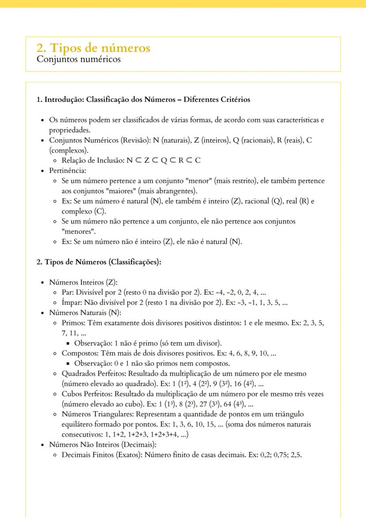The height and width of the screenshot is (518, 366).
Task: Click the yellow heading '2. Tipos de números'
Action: pyautogui.click(x=93, y=48)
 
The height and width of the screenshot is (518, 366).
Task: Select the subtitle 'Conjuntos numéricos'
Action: pyautogui.click(x=78, y=59)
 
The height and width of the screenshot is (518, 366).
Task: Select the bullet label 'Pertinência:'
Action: pyautogui.click(x=67, y=170)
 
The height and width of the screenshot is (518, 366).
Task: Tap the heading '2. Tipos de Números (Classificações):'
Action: pyautogui.click(x=99, y=262)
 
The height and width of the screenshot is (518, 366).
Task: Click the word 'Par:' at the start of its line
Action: pyautogui.click(x=67, y=292)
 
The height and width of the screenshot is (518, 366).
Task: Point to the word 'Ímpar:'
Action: pyautogui.click(x=72, y=303)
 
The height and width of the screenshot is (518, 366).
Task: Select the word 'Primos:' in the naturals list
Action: pyautogui.click(x=74, y=323)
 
